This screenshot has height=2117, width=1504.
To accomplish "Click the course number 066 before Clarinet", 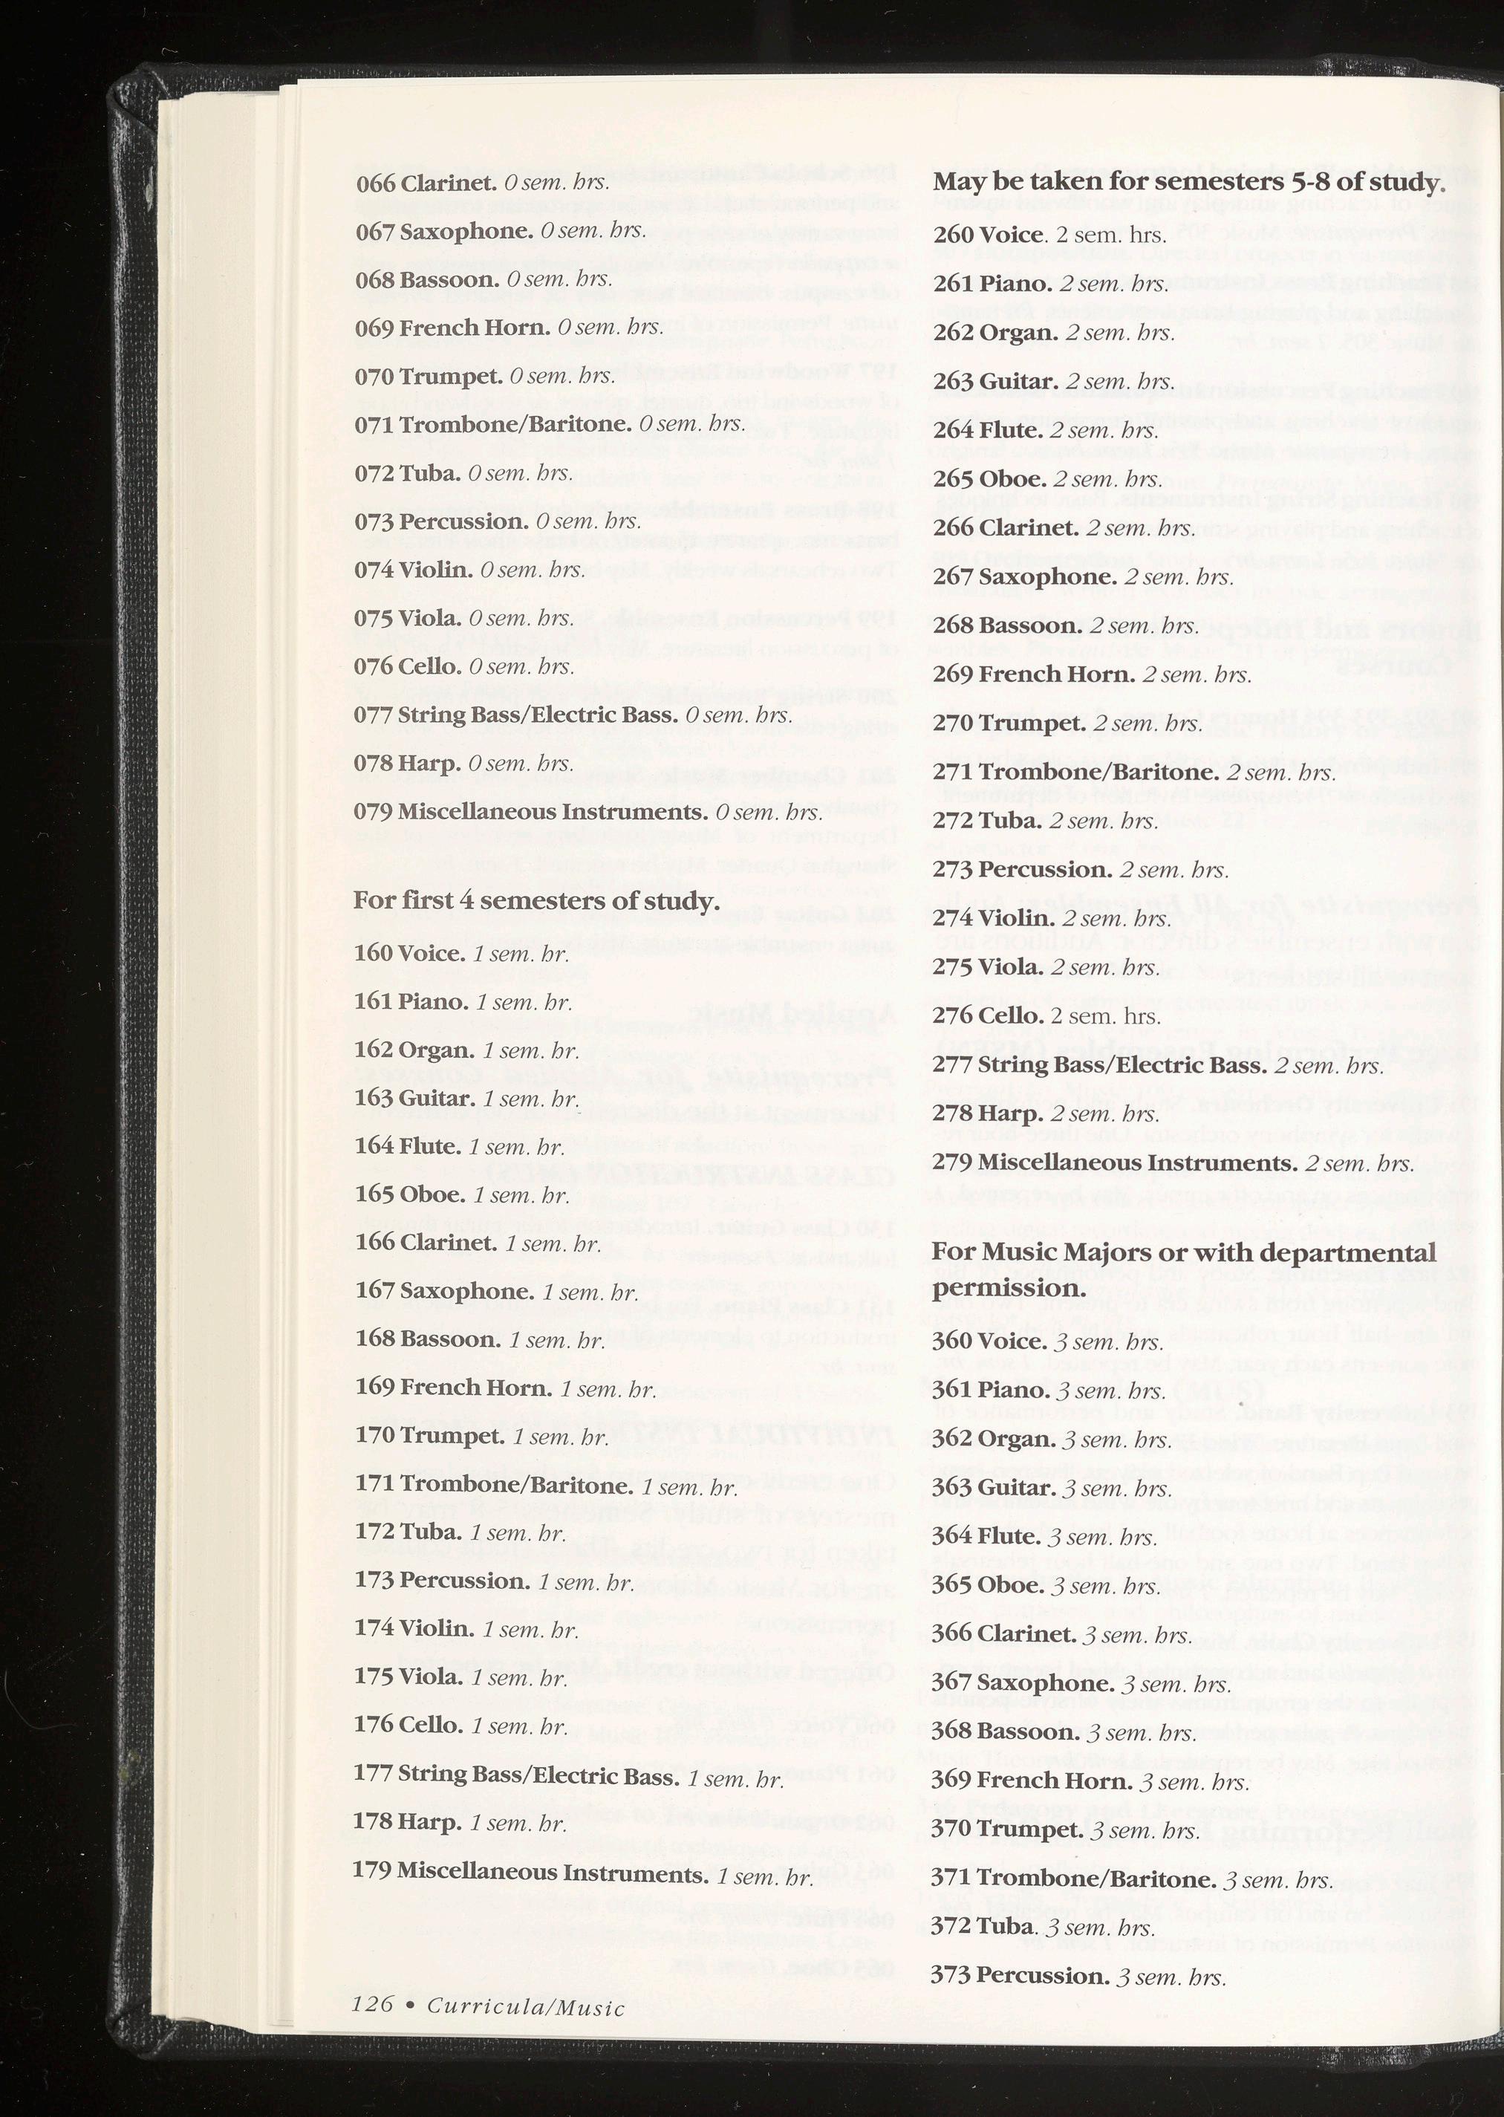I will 375,183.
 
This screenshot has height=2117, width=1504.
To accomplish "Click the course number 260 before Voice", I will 953,235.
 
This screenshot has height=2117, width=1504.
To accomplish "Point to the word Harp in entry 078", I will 429,764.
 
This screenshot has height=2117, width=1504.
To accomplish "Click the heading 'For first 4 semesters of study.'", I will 536,901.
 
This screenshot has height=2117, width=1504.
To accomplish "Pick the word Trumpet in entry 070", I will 451,376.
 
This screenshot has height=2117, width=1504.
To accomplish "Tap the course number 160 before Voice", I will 374,954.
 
